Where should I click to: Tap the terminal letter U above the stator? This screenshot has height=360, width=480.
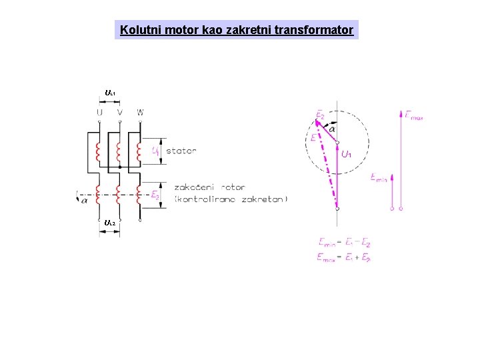[99, 112]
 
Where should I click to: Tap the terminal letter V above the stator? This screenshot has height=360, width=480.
[119, 112]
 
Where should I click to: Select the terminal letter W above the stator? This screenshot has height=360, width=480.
[140, 112]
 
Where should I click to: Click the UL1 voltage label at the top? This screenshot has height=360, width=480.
[110, 92]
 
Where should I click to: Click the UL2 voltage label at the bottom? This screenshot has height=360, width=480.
[110, 222]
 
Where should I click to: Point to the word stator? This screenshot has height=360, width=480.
[181, 151]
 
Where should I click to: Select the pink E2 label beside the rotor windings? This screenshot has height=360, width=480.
[155, 195]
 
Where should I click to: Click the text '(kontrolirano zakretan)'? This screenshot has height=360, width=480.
[231, 199]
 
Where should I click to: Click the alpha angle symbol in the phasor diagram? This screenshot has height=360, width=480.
[332, 129]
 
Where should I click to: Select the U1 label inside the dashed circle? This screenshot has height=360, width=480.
[347, 155]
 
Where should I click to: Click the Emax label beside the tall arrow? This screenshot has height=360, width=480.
[414, 115]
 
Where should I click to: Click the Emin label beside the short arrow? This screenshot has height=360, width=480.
[378, 177]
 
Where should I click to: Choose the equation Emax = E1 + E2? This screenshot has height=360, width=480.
[344, 257]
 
